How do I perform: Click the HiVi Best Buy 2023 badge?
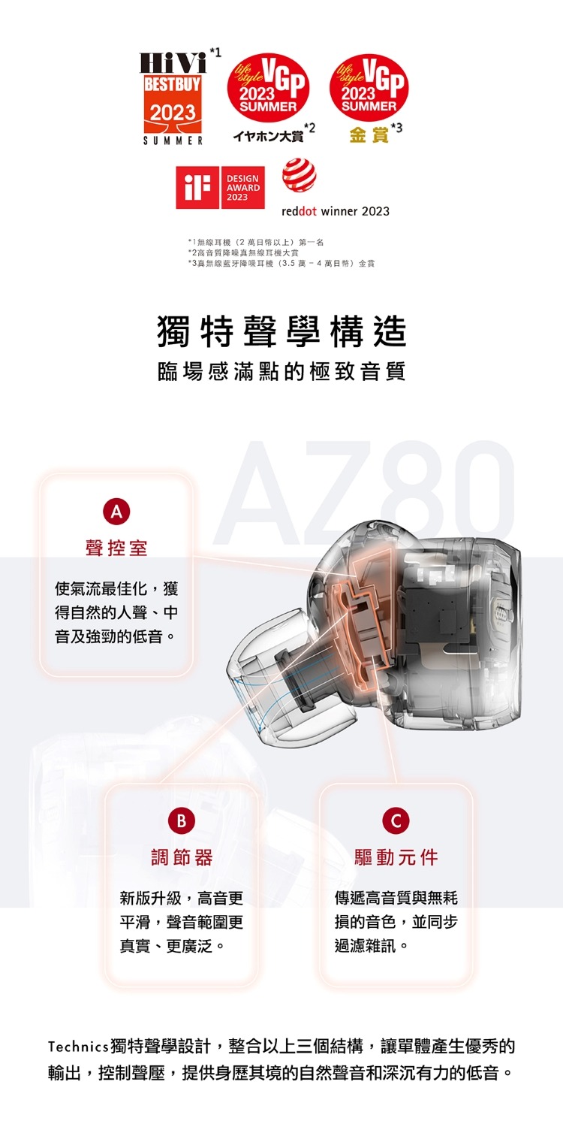point(173,98)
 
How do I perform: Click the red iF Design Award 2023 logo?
point(220,187)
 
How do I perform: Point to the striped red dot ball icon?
point(299,176)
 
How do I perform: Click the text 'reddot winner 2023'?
point(336,211)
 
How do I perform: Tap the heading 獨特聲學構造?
point(281,331)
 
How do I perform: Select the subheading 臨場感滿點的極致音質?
point(281,372)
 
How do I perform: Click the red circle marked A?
point(116,512)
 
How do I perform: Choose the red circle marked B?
point(182,820)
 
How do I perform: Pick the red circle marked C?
point(396,820)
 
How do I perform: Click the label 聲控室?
point(116,548)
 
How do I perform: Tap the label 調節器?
point(182,857)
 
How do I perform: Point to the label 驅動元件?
point(396,857)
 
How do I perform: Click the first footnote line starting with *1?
point(256,243)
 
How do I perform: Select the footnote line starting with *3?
point(281,263)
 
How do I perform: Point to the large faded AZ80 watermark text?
point(364,493)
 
